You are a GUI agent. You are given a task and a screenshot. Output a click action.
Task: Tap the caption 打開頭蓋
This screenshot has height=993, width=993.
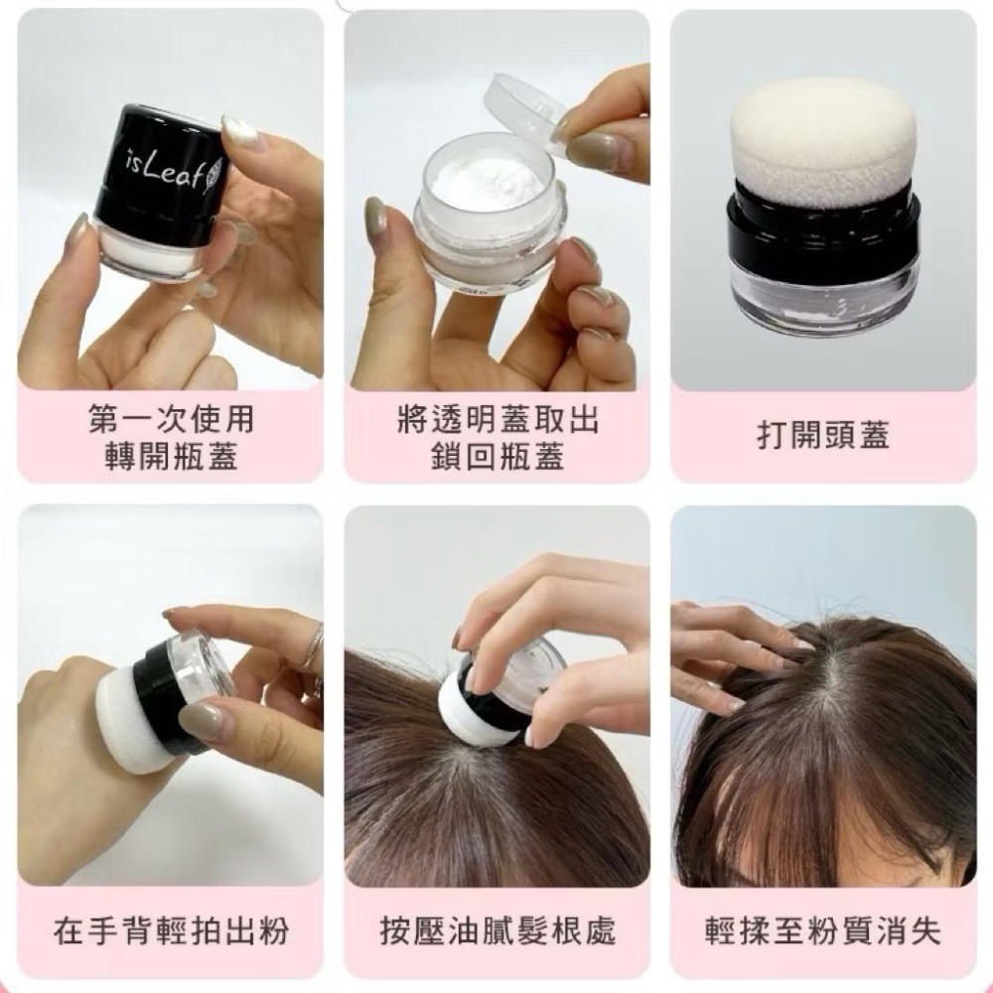tap(823, 435)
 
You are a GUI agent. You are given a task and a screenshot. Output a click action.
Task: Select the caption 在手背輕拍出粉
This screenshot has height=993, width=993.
tap(171, 931)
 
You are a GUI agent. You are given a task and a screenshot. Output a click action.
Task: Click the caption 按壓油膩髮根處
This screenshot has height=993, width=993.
tap(497, 931)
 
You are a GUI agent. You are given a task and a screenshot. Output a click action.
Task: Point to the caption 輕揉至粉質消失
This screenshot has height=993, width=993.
tap(823, 931)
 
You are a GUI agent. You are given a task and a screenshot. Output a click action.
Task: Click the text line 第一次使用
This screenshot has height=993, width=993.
tap(171, 419)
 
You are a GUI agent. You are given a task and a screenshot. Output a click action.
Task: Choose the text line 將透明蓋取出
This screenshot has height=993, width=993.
tap(497, 419)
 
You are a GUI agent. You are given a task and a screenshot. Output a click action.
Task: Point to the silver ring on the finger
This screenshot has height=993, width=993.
tap(313, 645)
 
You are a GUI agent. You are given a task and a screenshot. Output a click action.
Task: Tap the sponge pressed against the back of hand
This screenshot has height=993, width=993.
tap(143, 713)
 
